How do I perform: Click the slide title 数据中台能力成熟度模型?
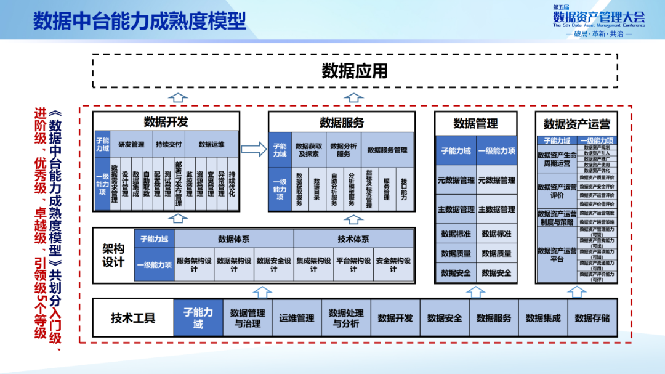pos(139,20)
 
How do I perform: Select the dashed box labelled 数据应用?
pos(355,71)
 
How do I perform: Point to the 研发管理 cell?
pos(131,145)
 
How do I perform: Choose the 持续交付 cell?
pos(168,145)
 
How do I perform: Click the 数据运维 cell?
pos(211,145)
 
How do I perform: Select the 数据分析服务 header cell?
pos(344,149)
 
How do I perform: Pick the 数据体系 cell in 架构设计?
pos(233,239)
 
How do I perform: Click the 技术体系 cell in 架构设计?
pos(353,239)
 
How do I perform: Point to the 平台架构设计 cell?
pos(353,264)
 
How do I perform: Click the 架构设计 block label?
pos(113,256)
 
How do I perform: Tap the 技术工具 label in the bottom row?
pos(133,318)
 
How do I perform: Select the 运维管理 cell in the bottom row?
pos(297,318)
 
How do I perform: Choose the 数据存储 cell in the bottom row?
pos(592,318)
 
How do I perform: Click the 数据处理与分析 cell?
pos(346,318)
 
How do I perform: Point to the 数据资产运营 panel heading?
pos(577,124)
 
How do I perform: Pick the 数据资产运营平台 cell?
pos(557,254)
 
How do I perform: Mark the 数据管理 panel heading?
pos(475,124)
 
